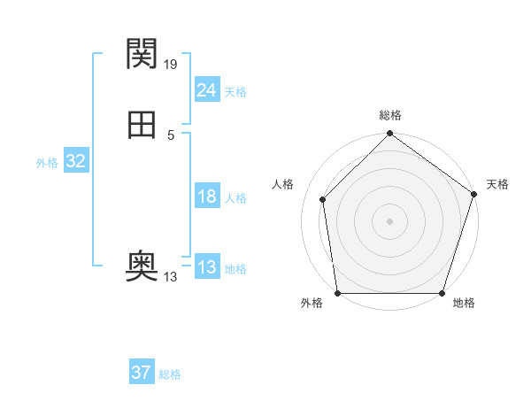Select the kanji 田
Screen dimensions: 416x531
click(x=142, y=125)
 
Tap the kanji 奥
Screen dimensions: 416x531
click(x=142, y=264)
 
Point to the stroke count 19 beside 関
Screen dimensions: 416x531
click(x=172, y=64)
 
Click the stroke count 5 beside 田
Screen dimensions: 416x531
click(x=171, y=135)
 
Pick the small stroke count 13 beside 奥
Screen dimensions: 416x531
click(x=171, y=277)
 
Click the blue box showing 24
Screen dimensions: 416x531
click(x=206, y=89)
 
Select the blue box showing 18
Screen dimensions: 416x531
click(x=206, y=196)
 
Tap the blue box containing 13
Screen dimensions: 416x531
click(x=206, y=267)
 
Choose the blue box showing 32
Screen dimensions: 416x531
click(x=75, y=161)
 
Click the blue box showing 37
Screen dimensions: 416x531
click(x=141, y=373)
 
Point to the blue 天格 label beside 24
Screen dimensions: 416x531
click(x=235, y=92)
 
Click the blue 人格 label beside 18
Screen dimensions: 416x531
click(x=235, y=198)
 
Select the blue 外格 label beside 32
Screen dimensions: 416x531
click(x=47, y=163)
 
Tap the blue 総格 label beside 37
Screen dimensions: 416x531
click(x=170, y=374)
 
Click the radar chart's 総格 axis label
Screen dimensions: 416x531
click(x=390, y=115)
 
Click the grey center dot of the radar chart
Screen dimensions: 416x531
click(x=390, y=220)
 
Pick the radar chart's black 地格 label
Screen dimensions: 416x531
click(x=464, y=304)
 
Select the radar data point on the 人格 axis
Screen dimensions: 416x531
click(x=323, y=199)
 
